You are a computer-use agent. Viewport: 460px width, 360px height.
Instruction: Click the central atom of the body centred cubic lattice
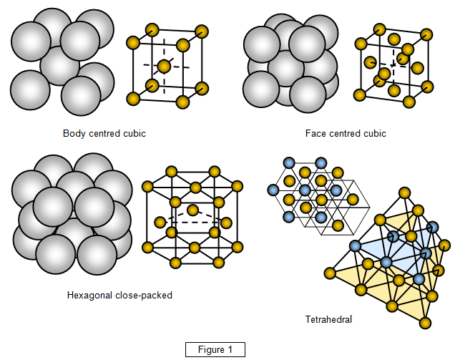pyautogui.click(x=164, y=67)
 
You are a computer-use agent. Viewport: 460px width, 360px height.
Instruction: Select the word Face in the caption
pyautogui.click(x=315, y=133)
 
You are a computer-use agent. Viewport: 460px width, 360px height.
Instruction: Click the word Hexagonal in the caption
pyautogui.click(x=89, y=295)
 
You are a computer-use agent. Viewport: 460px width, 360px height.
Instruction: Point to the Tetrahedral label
pyautogui.click(x=328, y=319)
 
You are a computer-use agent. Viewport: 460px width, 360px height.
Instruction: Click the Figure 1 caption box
pyautogui.click(x=215, y=350)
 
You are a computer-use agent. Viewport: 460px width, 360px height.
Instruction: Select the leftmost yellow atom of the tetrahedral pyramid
pyautogui.click(x=330, y=273)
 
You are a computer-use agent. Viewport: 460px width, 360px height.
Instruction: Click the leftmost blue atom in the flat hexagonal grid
pyautogui.click(x=273, y=190)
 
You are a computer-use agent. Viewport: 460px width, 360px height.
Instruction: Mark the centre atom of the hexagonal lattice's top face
pyautogui.click(x=192, y=183)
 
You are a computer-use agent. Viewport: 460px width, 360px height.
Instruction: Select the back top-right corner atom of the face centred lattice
pyautogui.click(x=427, y=34)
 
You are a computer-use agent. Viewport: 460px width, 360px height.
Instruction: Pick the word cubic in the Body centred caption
pyautogui.click(x=134, y=133)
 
